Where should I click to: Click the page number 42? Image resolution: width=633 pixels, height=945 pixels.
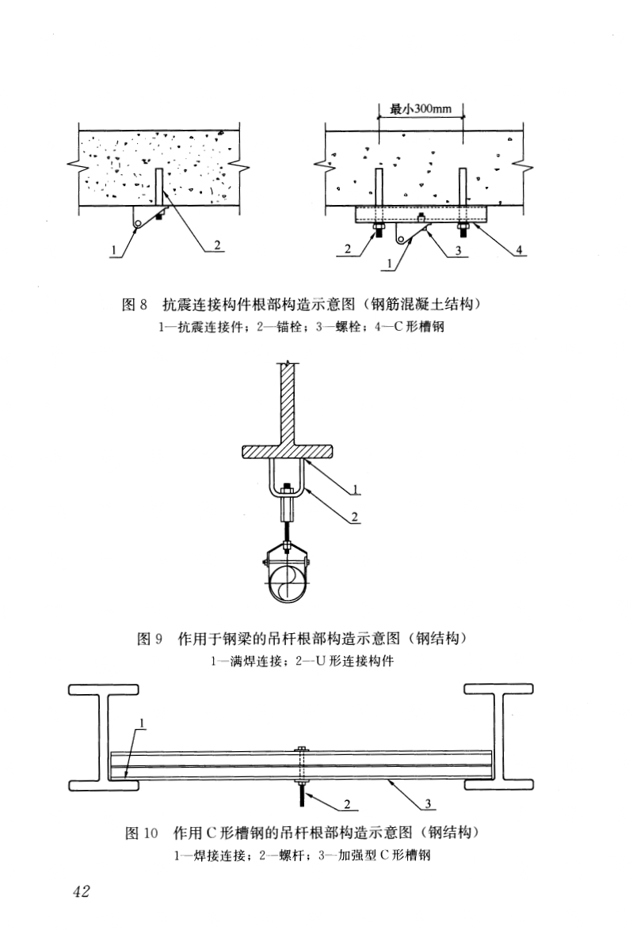pyautogui.click(x=81, y=891)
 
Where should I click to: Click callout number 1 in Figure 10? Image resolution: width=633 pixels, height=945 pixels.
pyautogui.click(x=141, y=722)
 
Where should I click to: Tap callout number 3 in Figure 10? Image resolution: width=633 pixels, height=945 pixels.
pyautogui.click(x=429, y=804)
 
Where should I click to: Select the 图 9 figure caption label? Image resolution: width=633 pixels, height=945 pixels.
pyautogui.click(x=150, y=638)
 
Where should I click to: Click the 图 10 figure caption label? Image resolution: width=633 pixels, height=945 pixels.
pyautogui.click(x=144, y=833)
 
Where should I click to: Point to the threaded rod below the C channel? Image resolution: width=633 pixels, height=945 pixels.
pyautogui.click(x=302, y=791)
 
